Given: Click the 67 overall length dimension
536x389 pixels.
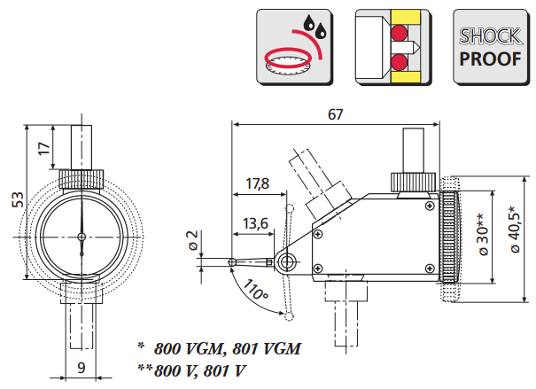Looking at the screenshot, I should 334,114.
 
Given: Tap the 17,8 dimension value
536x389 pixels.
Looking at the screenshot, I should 257,184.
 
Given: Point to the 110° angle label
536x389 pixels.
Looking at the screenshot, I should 256,289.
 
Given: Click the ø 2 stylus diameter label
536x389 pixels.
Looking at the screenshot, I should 192,240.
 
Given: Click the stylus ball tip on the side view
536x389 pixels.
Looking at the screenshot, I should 231,261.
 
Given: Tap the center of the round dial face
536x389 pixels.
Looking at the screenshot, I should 81,237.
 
